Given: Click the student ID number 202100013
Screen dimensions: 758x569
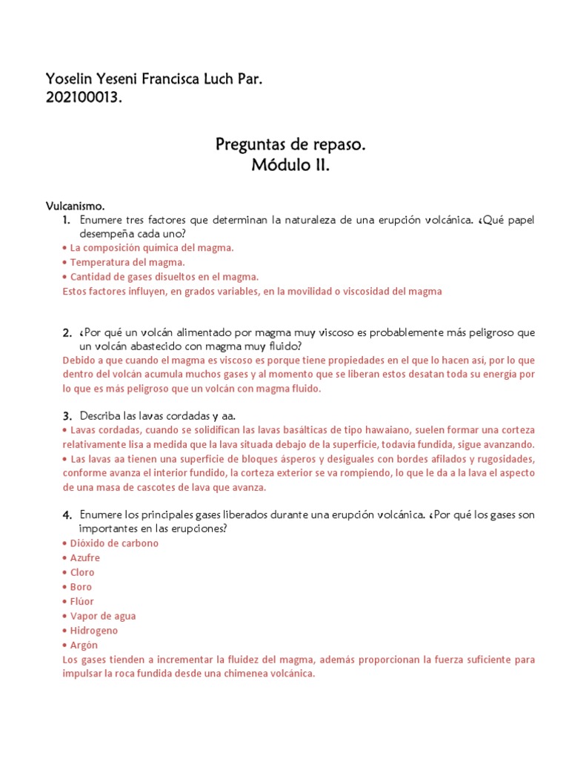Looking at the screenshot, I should click(83, 98).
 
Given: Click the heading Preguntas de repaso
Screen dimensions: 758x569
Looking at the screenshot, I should click(290, 144).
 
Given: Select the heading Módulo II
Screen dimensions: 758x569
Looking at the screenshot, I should click(290, 166).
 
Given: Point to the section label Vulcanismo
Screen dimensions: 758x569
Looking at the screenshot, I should click(76, 206).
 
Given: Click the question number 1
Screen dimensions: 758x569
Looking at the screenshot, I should click(66, 221).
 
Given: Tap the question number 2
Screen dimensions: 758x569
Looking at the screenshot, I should click(66, 334).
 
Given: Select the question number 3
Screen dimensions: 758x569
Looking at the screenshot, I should click(66, 416).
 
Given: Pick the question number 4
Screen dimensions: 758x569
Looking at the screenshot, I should click(66, 514).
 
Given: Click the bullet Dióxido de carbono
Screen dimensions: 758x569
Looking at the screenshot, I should click(114, 543).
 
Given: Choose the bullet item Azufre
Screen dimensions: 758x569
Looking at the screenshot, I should click(84, 557).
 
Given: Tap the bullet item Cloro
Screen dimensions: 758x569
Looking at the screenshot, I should click(82, 572).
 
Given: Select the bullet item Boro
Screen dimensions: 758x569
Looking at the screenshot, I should click(81, 587).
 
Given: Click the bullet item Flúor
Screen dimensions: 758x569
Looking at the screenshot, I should click(81, 601).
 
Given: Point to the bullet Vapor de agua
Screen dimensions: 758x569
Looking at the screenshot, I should click(102, 616).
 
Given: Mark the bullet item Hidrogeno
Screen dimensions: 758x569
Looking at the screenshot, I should click(93, 631).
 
